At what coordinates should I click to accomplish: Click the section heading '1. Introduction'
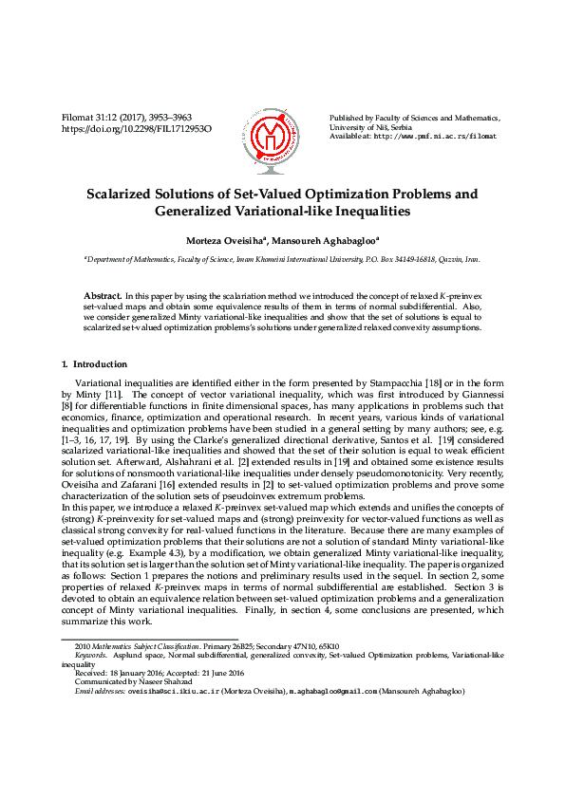pyautogui.click(x=94, y=363)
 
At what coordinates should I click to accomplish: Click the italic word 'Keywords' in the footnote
pyautogui.click(x=90, y=655)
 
